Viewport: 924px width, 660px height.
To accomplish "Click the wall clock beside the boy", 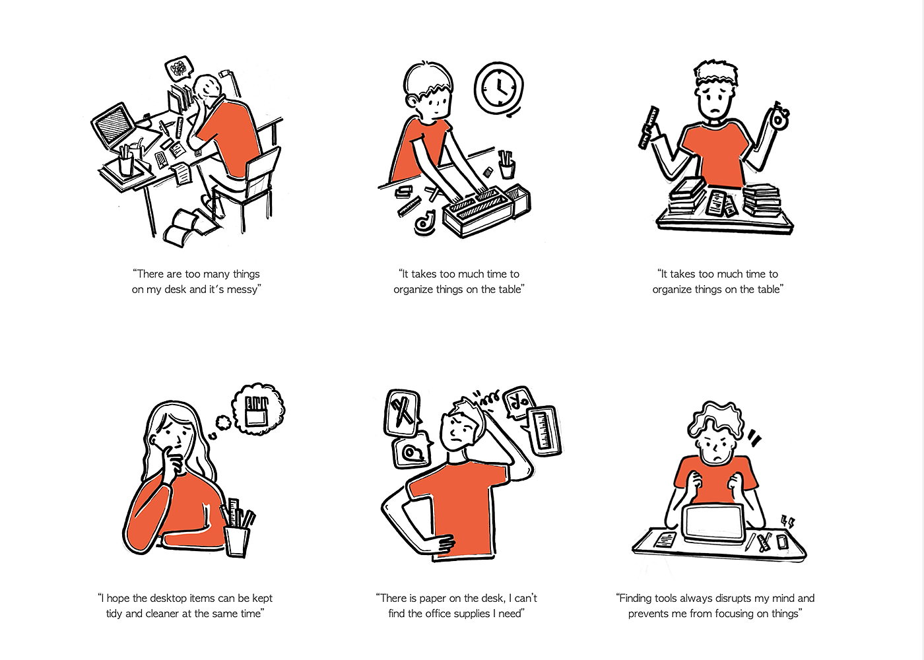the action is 499,88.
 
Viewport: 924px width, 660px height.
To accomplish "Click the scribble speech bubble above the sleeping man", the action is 179,68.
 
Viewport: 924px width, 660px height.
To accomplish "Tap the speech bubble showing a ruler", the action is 544,431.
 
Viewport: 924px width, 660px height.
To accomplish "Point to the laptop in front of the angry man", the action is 714,523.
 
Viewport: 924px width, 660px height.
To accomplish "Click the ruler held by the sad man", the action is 648,127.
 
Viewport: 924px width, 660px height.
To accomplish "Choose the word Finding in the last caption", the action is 639,598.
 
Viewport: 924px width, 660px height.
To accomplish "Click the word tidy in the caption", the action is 114,614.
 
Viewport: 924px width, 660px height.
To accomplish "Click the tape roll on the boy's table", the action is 424,222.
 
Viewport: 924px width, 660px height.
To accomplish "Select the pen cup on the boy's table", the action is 507,164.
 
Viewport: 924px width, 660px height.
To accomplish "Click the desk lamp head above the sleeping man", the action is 225,74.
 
